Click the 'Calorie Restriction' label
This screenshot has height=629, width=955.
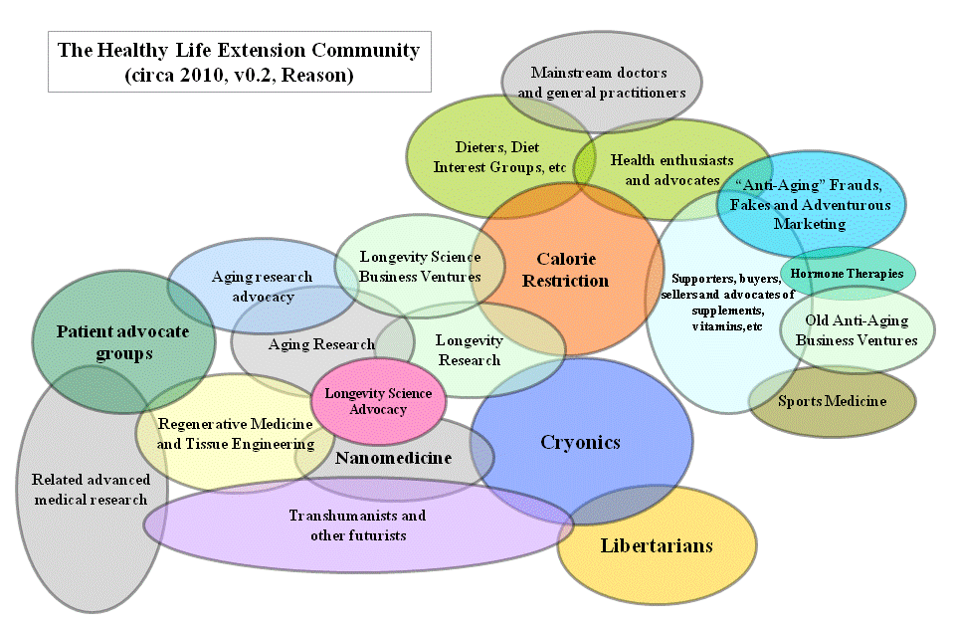[x=565, y=270]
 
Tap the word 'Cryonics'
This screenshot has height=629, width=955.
[x=580, y=442]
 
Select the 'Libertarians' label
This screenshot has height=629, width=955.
[x=657, y=545]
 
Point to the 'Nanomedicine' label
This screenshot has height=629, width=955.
[x=393, y=458]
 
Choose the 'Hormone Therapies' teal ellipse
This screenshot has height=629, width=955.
[x=848, y=273]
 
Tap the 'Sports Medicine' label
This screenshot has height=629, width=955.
[x=832, y=401]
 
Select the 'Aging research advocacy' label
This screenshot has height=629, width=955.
[x=263, y=287]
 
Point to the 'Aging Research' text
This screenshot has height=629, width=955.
[x=321, y=344]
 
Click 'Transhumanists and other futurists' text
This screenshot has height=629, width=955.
[x=357, y=525]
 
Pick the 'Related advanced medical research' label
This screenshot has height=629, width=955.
[x=91, y=489]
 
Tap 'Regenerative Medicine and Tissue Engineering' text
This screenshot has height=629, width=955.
[x=236, y=433]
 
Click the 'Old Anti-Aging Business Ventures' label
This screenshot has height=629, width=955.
[x=857, y=330]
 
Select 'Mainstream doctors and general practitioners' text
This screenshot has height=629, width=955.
[x=601, y=83]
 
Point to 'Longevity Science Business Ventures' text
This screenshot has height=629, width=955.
[x=420, y=267]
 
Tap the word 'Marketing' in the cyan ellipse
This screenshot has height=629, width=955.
[x=809, y=224]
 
